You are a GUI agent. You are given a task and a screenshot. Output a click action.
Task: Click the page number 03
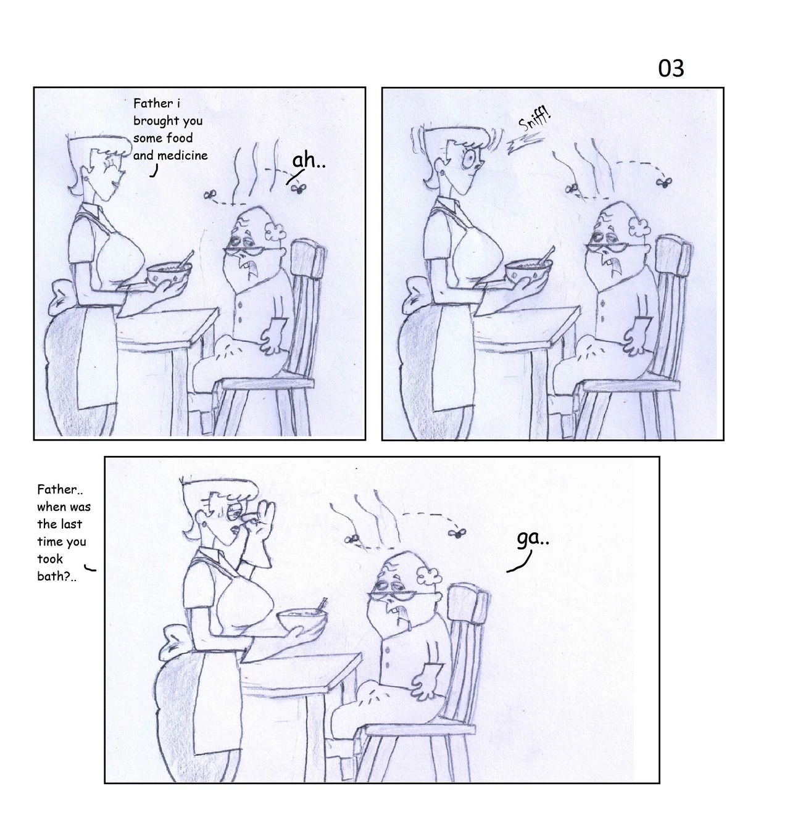tap(671, 68)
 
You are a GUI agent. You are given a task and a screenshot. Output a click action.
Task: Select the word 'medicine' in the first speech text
tap(182, 155)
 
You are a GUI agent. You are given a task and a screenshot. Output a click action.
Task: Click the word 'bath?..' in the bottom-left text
tap(57, 577)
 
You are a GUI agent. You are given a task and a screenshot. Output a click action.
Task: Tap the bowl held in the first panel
tap(169, 273)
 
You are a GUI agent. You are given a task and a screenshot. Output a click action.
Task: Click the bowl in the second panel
tap(528, 270)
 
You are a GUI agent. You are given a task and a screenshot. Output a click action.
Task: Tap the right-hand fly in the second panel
tap(665, 181)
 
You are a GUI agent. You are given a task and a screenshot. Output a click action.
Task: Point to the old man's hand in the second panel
tap(635, 337)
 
